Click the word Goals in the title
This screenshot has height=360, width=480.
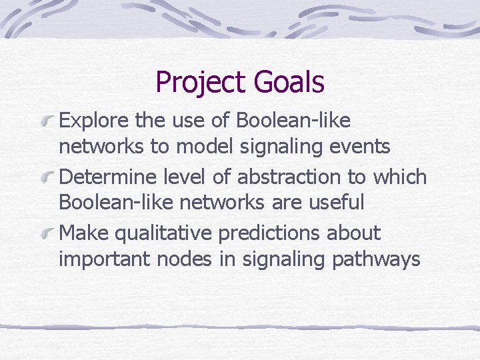click(289, 83)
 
